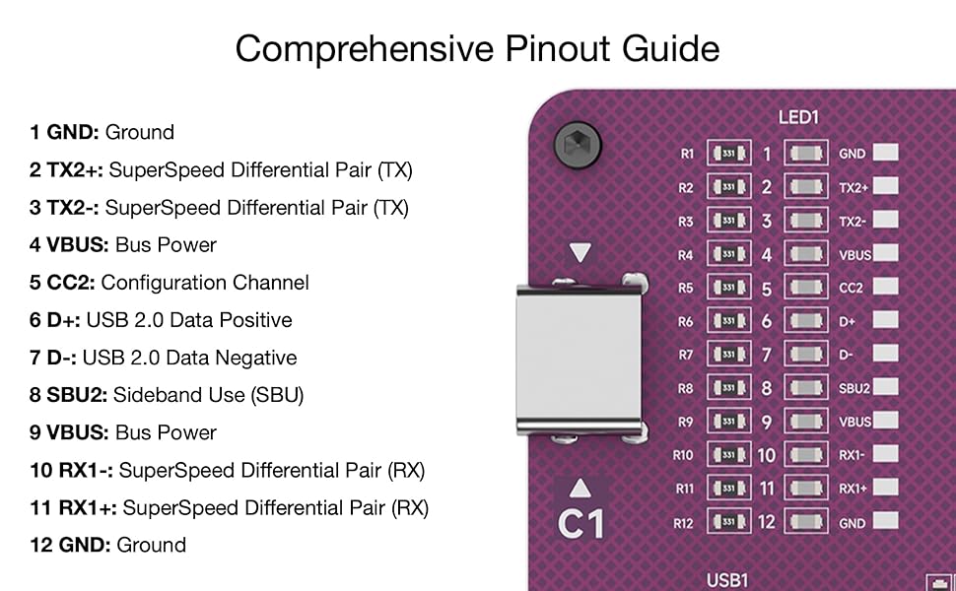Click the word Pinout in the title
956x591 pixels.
pos(557,48)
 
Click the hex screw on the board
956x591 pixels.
pos(578,145)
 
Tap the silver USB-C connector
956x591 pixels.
pos(580,360)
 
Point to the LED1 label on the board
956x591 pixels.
pos(798,117)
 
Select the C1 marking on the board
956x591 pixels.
pos(580,524)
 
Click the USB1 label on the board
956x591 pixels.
pos(726,580)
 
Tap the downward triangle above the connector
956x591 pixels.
pos(580,252)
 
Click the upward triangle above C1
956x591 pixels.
pos(580,488)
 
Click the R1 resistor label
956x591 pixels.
pos(687,154)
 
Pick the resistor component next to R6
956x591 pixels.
pos(728,320)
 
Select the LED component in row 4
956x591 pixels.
pos(806,254)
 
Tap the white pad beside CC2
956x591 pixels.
pos(885,287)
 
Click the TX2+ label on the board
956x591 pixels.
pos(853,188)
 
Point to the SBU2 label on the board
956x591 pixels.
pos(854,388)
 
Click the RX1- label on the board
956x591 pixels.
pos(852,455)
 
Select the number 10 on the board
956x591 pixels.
pos(767,455)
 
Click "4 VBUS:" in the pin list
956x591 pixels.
pos(69,245)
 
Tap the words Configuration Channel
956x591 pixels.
pos(205,283)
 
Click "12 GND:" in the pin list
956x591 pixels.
pos(70,545)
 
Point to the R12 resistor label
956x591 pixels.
pos(683,523)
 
